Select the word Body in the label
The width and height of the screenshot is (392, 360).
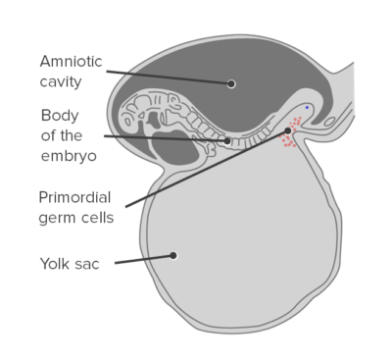tap(59, 115)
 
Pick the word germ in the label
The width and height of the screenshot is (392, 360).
tap(58, 216)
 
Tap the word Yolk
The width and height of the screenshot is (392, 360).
tap(56, 262)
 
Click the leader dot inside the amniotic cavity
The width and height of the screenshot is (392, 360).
tap(231, 83)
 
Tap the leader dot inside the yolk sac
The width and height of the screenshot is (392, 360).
tap(173, 255)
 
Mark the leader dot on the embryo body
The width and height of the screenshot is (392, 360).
tap(227, 140)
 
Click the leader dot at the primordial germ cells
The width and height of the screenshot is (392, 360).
tap(288, 130)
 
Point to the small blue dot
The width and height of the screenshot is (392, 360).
tap(307, 107)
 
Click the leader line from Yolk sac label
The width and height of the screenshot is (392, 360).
tap(142, 259)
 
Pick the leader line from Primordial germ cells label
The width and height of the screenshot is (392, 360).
tap(206, 169)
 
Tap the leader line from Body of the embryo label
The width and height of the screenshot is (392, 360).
tap(167, 137)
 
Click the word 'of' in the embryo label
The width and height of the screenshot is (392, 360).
tap(48, 134)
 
